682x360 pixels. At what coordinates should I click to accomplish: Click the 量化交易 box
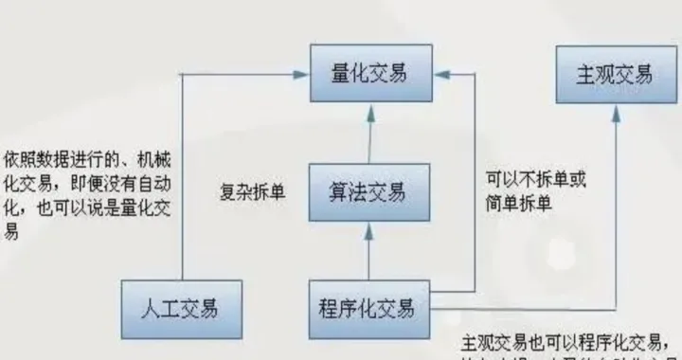coord(370,74)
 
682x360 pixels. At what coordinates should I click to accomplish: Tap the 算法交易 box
coord(368,193)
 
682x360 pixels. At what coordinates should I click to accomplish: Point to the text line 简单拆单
coord(520,203)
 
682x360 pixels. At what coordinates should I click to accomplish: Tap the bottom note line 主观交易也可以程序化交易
coord(568,341)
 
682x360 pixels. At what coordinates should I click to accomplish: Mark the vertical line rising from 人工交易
coord(183,180)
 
